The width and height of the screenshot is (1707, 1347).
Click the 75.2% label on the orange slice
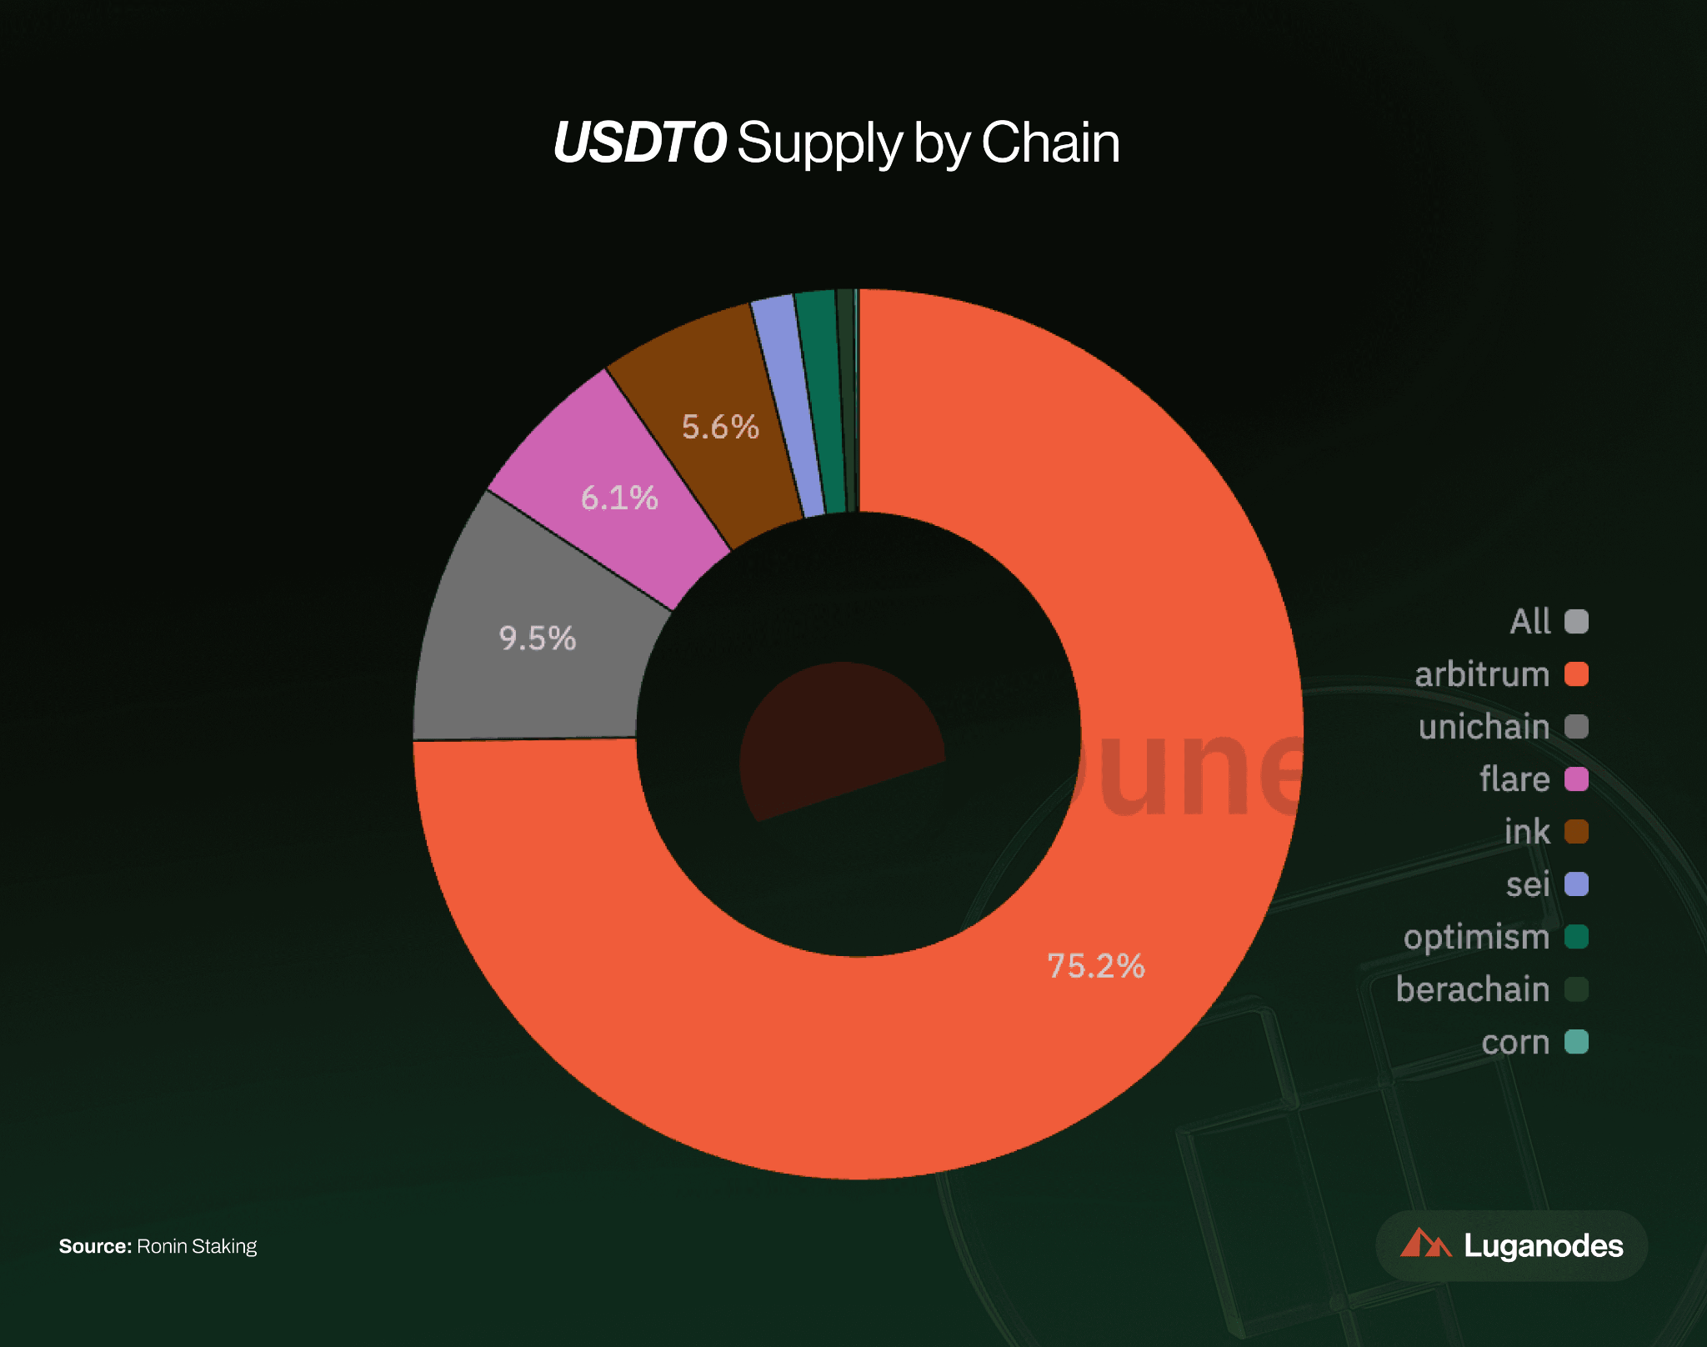point(1095,966)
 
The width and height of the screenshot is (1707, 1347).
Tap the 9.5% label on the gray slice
point(537,638)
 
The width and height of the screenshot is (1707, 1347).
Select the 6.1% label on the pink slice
point(618,498)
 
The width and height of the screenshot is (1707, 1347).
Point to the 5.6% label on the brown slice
point(720,427)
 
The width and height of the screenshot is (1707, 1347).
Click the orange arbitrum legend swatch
point(1576,673)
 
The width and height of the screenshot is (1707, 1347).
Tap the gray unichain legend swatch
point(1576,726)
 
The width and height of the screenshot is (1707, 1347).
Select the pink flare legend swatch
point(1576,779)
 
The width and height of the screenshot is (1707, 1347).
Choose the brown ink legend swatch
point(1576,831)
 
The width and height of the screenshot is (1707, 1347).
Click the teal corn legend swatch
point(1576,1042)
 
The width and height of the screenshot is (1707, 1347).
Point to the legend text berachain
point(1472,989)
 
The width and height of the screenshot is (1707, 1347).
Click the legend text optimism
point(1476,937)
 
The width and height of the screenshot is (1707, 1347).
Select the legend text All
point(1529,622)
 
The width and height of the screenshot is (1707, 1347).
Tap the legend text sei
point(1528,884)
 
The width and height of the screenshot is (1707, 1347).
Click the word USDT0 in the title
point(639,143)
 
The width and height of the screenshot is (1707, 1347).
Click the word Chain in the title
point(1050,143)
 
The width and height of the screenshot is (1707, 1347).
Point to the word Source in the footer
point(94,1246)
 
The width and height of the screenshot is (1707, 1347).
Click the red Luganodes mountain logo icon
point(1424,1244)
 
